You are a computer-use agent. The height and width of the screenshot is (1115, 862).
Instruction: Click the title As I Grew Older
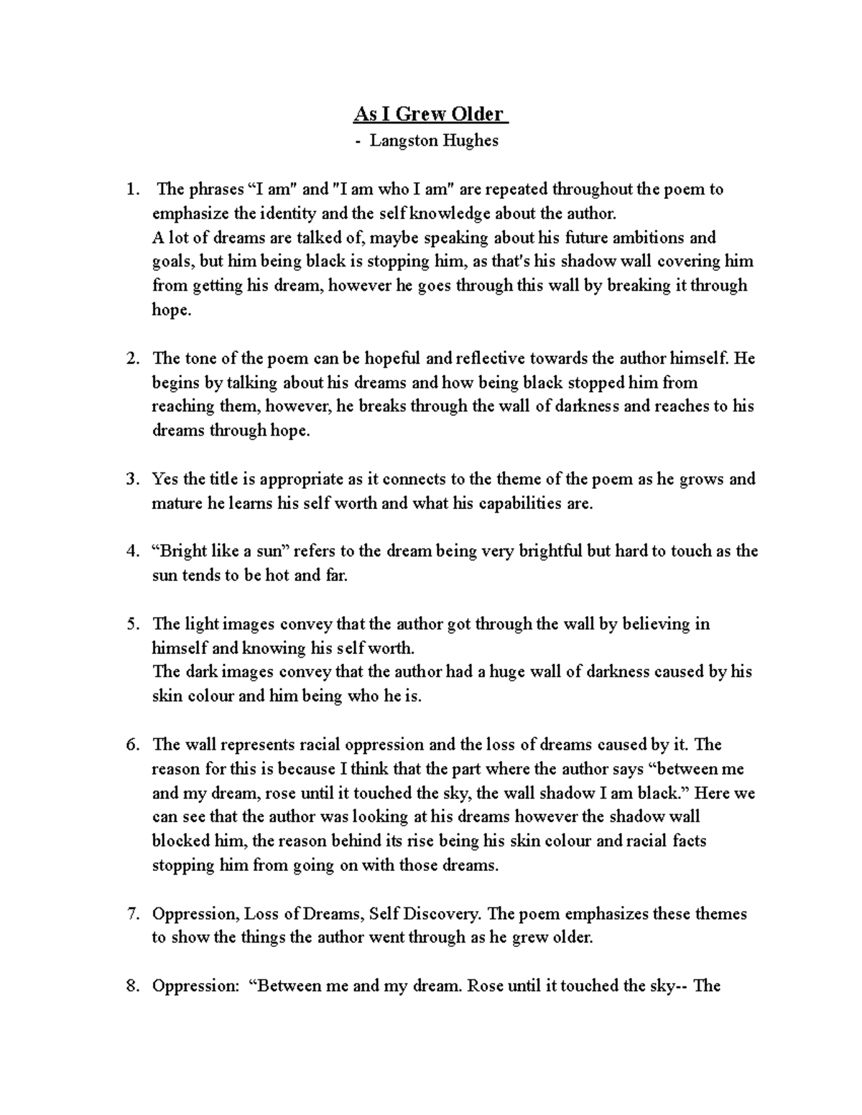point(430,115)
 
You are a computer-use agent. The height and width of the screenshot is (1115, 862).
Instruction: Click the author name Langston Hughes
point(434,141)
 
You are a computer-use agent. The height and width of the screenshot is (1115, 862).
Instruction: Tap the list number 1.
point(130,190)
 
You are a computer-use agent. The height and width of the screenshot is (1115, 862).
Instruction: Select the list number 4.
point(131,551)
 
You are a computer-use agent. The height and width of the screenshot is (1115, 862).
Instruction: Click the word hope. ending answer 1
point(172,310)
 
